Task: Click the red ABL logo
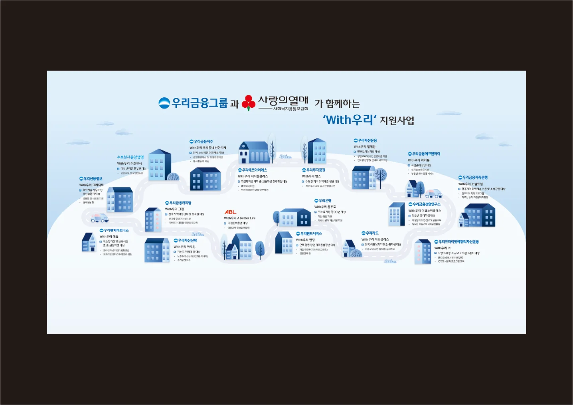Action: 230,212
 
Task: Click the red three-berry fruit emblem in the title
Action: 248,103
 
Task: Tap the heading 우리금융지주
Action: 203,142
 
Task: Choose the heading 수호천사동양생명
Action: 130,157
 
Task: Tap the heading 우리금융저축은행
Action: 475,178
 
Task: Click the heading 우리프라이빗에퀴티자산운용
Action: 458,242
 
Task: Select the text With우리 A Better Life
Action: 239,218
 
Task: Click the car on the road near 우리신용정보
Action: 100,218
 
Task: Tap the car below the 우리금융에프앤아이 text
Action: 433,194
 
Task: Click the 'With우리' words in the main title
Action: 350,119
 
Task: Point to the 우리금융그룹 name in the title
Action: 199,103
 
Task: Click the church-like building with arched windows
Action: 254,152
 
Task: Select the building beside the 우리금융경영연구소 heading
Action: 397,214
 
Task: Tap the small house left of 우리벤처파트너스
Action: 89,243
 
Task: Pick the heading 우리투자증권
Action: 316,170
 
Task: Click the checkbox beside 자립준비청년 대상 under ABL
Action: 225,223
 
